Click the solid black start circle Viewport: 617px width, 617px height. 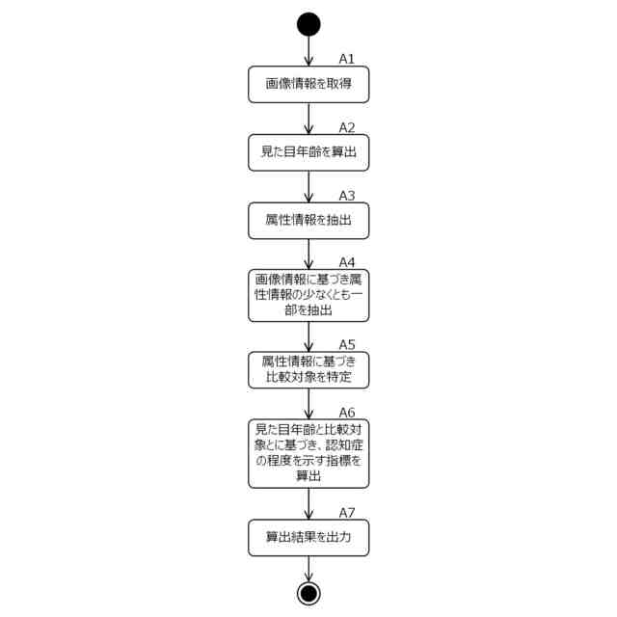(x=308, y=24)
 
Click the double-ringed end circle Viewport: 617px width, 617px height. (x=308, y=593)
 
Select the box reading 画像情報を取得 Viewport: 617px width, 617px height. (x=308, y=85)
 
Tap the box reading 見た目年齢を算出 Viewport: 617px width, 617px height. (x=308, y=152)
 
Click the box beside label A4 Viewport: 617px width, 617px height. (x=308, y=295)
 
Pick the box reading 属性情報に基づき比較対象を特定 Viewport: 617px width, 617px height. (x=308, y=368)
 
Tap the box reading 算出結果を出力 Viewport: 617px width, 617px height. (x=308, y=538)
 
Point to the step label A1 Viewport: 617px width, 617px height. (x=347, y=59)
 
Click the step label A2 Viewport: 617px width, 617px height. (x=347, y=127)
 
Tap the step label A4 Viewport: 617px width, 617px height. (x=347, y=262)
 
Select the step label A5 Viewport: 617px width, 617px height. (x=347, y=343)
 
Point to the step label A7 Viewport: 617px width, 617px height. (x=347, y=512)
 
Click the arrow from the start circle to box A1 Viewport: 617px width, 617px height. (x=308, y=51)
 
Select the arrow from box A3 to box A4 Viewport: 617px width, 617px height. (x=308, y=253)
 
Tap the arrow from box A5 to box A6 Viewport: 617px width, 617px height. (x=308, y=402)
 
